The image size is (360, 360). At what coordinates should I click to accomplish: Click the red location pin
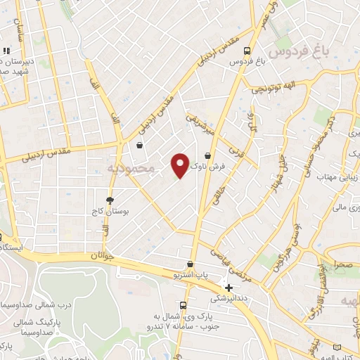click(x=180, y=165)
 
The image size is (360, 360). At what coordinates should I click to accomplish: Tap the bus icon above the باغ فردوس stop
click(x=246, y=51)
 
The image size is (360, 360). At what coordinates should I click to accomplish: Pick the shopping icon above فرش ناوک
click(x=207, y=156)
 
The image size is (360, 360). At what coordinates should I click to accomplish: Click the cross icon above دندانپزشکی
click(x=228, y=287)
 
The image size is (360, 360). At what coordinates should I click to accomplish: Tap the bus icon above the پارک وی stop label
click(x=183, y=305)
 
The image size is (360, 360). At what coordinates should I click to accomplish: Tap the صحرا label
click(x=343, y=267)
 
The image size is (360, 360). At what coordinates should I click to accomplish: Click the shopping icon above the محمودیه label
click(x=140, y=146)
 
